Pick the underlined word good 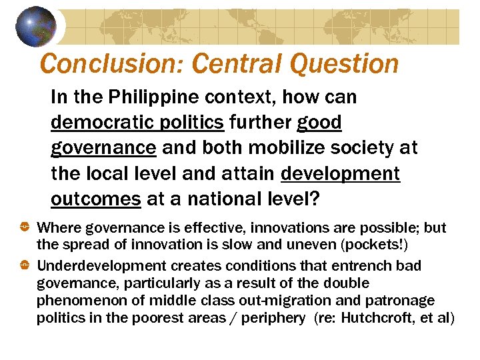click(319, 123)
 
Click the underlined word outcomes click(95, 199)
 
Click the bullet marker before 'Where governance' click(25, 228)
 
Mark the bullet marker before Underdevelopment click(25, 266)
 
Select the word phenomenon click(79, 301)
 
